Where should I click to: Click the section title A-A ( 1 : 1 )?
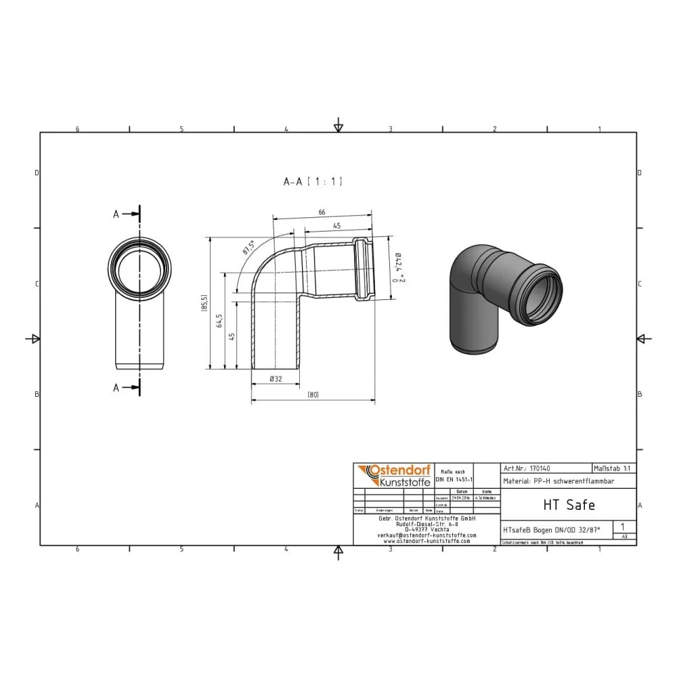click(313, 181)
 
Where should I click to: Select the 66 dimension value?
click(322, 213)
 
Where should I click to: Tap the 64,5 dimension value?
click(218, 320)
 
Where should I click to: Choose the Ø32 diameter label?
click(276, 379)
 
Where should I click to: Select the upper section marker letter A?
click(116, 214)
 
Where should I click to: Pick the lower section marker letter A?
click(116, 388)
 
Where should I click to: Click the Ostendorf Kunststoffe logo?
click(393, 476)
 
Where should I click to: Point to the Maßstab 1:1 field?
click(613, 468)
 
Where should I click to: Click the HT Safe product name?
click(569, 504)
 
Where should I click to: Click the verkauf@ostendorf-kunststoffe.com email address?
click(427, 535)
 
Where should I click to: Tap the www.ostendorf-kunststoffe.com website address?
click(427, 541)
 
